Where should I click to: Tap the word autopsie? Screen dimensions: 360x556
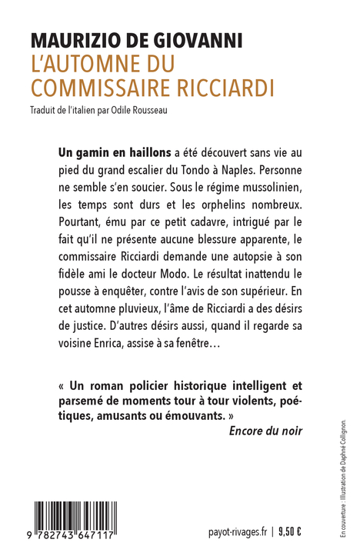pyautogui.click(x=253, y=261)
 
